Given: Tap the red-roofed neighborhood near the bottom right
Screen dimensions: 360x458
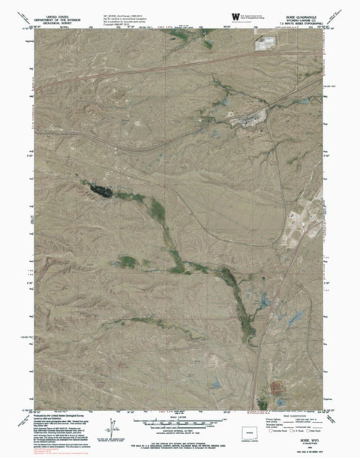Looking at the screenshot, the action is [x=280, y=388].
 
